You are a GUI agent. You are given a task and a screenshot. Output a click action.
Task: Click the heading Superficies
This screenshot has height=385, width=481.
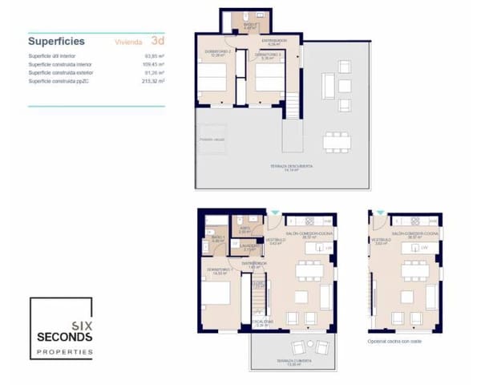coord(56,41)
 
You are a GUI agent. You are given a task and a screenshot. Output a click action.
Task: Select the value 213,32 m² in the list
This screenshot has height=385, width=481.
coord(153,81)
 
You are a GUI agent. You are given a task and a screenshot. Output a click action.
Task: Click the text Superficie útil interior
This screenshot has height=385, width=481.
coord(51,55)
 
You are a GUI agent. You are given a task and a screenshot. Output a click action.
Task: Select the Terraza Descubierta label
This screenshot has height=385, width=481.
coord(291,167)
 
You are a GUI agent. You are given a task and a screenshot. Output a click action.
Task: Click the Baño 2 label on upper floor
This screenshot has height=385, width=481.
coord(249,26)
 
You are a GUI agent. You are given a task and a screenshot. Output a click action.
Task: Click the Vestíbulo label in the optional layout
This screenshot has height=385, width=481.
coord(381,240)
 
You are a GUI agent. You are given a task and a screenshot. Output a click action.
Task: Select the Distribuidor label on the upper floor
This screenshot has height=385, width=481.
coord(273,42)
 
